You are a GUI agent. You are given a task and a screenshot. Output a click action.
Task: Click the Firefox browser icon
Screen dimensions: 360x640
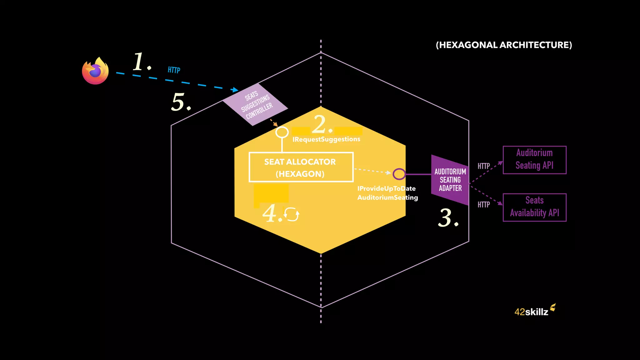coord(95,71)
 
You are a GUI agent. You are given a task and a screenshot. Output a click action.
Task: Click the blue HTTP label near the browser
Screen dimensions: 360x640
coord(174,70)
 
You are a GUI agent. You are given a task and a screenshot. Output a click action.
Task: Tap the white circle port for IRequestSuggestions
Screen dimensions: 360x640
coord(282,132)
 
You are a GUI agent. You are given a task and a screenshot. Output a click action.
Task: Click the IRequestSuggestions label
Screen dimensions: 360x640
coord(326,139)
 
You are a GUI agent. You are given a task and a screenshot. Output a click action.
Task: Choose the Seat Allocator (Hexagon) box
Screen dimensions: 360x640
coord(301,167)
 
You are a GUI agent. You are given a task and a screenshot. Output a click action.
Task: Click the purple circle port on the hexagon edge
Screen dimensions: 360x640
coord(399,174)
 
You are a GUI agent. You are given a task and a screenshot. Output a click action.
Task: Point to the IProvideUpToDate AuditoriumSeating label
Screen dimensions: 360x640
coord(387,193)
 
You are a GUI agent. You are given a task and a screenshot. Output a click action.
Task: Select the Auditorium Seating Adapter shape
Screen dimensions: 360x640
coord(450,180)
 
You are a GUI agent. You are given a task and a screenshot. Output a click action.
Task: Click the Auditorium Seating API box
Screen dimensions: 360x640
coord(534,160)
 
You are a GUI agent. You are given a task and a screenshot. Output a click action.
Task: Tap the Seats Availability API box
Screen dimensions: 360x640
coord(534,207)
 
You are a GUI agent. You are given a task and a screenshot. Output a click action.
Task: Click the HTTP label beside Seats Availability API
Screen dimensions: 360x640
coord(483,205)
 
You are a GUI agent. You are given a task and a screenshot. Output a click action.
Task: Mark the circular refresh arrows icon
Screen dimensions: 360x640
coord(292,214)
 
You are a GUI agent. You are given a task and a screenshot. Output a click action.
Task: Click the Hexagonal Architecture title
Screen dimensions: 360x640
coord(504,45)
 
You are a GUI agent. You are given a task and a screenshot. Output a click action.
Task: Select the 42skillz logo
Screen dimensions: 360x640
coord(534,310)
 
